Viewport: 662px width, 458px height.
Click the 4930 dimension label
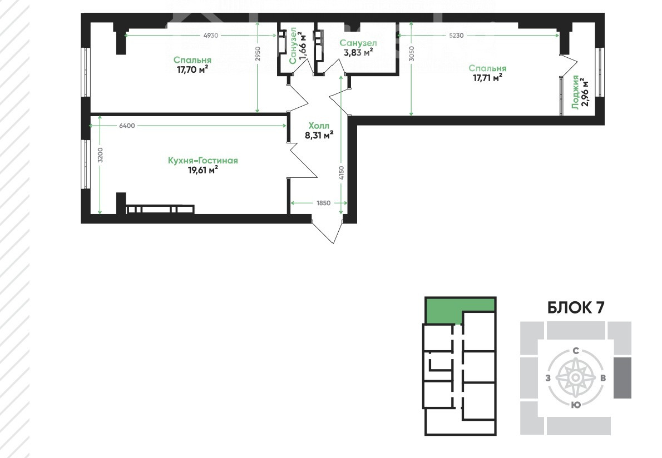[x=211, y=36]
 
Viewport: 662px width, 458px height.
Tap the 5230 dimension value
[x=456, y=36]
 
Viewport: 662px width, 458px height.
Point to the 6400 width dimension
[x=127, y=125]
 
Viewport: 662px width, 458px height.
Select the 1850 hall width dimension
[x=323, y=203]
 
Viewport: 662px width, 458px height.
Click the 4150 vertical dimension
[x=342, y=173]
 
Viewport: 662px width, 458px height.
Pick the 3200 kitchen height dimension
[x=100, y=156]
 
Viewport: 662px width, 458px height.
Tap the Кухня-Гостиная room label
[x=202, y=160]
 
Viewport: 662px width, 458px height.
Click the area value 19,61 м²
[x=202, y=170]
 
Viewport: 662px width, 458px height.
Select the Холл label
[x=319, y=126]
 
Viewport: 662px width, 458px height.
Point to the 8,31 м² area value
[x=319, y=136]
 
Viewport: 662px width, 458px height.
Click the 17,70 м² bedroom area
[x=192, y=69]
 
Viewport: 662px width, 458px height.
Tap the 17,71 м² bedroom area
[x=488, y=78]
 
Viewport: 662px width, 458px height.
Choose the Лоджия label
[x=575, y=92]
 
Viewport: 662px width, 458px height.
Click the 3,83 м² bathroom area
[x=358, y=52]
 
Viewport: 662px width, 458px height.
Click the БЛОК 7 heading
[x=576, y=307]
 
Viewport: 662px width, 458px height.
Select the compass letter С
[x=575, y=351]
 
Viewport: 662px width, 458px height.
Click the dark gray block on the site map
[x=623, y=378]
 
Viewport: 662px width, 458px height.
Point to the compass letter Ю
[x=575, y=405]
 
